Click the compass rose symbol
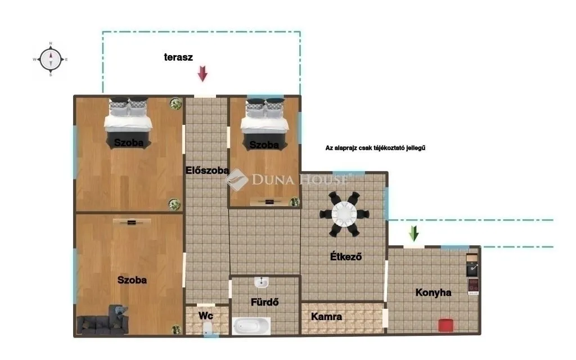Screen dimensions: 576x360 coord(51,59)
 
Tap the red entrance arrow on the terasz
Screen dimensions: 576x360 coord(202,74)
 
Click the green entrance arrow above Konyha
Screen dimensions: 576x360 coord(414,233)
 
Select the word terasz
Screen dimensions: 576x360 coord(178,57)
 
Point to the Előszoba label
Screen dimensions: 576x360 coord(207,170)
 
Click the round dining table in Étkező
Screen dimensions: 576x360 coord(344,214)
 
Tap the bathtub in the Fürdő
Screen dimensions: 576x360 coord(251,326)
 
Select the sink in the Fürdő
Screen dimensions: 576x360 coord(262,282)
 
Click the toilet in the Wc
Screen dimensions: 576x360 coord(208,328)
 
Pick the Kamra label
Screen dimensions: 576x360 coord(327,316)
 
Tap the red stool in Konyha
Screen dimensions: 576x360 coord(446,325)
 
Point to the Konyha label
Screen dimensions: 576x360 coord(434,292)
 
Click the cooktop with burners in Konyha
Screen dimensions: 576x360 coord(473,286)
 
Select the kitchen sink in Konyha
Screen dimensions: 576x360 coord(472,270)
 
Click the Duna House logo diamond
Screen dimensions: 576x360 coord(237,179)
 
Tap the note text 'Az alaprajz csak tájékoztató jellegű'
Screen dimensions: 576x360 coord(375,148)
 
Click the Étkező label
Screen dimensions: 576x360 coord(346,256)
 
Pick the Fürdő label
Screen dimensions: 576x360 coord(264,302)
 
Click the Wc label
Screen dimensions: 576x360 coord(206,316)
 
